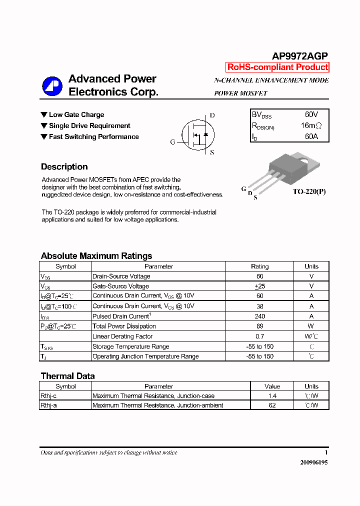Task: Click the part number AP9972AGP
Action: [x=300, y=56]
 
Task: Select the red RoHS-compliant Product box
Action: [x=277, y=67]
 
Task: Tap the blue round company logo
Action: [x=52, y=86]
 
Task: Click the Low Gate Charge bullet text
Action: [x=76, y=114]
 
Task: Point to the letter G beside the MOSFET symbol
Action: [x=172, y=142]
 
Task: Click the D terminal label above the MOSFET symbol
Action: [x=212, y=115]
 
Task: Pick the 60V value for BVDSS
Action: [x=311, y=114]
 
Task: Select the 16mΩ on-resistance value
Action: [x=311, y=125]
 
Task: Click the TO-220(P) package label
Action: [x=309, y=191]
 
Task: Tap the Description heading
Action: [x=64, y=167]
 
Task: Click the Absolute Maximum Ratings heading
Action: [x=96, y=256]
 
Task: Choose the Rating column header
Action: [x=259, y=266]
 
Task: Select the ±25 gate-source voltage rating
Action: [x=259, y=286]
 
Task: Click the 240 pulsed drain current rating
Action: [x=259, y=316]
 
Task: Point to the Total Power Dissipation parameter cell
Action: [x=124, y=326]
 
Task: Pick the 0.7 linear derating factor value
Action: [x=259, y=336]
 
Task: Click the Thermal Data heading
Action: [x=67, y=376]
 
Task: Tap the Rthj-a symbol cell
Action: [x=48, y=405]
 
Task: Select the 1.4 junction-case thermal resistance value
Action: [x=272, y=395]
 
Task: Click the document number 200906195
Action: [x=314, y=462]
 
